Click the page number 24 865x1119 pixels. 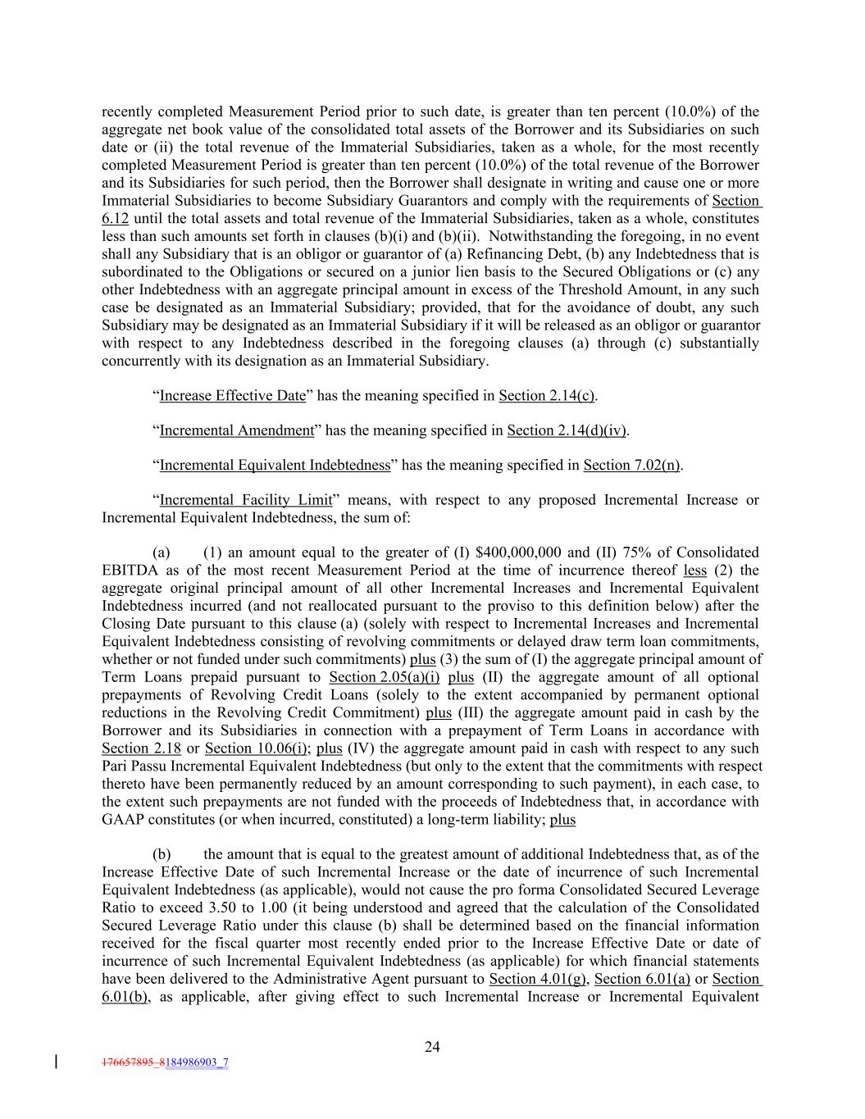pyautogui.click(x=432, y=1046)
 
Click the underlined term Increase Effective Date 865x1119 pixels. pyautogui.click(x=232, y=396)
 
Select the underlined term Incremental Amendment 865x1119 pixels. pyautogui.click(x=236, y=430)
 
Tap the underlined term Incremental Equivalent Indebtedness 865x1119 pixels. pyautogui.click(x=275, y=466)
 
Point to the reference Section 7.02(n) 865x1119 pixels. pyautogui.click(x=631, y=466)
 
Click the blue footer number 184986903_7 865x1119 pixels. pyautogui.click(x=197, y=1062)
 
